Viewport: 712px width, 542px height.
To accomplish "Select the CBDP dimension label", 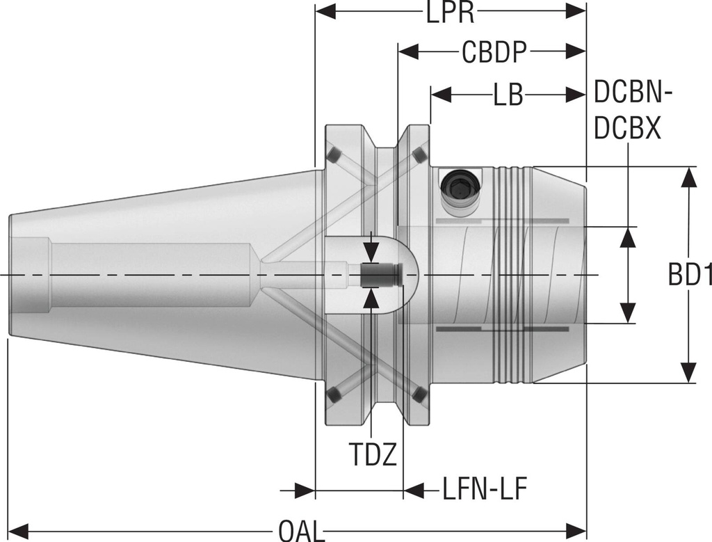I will [x=494, y=52].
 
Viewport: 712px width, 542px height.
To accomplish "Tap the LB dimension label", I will [x=508, y=95].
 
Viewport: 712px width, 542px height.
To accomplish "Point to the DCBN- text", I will [x=636, y=91].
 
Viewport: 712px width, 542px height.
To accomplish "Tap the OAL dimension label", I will [x=301, y=531].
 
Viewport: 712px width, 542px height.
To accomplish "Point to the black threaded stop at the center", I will [x=382, y=276].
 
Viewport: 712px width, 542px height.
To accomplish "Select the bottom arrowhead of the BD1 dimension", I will [x=688, y=373].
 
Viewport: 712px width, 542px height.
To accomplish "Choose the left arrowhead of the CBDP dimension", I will [x=407, y=51].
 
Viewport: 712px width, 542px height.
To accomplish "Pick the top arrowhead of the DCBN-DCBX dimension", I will [x=628, y=237].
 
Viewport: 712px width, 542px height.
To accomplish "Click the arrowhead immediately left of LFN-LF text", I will [x=414, y=491].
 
